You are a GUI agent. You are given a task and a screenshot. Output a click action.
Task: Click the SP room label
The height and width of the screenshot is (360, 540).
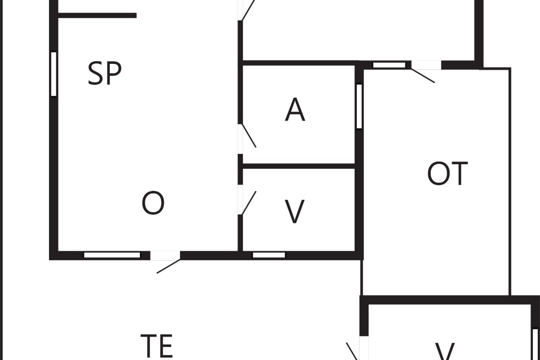click(x=104, y=73)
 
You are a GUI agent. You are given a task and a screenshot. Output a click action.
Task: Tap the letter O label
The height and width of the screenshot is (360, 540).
click(x=153, y=202)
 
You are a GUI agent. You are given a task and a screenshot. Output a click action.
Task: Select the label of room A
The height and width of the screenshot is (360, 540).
click(x=295, y=109)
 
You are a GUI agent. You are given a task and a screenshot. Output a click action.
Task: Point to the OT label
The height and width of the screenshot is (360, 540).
click(x=447, y=173)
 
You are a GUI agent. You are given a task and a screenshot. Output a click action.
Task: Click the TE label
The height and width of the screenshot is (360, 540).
click(x=157, y=346)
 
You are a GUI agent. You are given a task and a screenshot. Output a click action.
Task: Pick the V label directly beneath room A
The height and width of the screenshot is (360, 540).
click(x=295, y=211)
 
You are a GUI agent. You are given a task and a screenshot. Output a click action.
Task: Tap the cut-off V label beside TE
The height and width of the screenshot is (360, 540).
click(x=445, y=351)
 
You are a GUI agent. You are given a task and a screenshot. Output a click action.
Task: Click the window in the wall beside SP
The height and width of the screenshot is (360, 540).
click(x=54, y=74)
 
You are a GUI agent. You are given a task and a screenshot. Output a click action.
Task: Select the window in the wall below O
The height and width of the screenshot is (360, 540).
click(x=112, y=255)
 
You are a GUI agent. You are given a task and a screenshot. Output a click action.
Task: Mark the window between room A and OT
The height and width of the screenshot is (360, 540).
click(x=359, y=106)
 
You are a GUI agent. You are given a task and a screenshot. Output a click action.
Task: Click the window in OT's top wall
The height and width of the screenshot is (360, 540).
click(x=389, y=65)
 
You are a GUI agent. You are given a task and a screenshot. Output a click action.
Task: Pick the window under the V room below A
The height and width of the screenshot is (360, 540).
click(x=269, y=255)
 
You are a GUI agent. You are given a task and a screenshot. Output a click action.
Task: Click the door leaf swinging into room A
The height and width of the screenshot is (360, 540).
click(x=249, y=136)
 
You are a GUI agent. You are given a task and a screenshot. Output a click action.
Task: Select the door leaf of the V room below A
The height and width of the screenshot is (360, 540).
click(x=249, y=203)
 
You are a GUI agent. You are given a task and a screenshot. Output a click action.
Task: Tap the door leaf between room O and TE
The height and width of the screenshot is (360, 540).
click(x=168, y=266)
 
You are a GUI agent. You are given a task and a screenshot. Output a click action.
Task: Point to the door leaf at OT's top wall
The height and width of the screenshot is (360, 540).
click(x=423, y=76)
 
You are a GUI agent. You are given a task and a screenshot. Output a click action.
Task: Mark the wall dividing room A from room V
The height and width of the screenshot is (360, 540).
click(x=298, y=166)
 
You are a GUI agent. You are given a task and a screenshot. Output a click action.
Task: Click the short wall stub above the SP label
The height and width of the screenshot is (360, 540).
click(x=97, y=15)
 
